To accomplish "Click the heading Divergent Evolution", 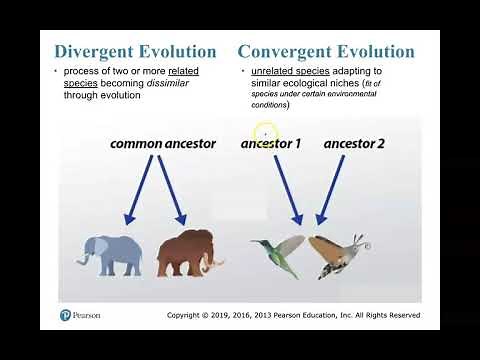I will tap(134, 51).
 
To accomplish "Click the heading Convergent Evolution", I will tap(326, 51).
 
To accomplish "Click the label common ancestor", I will tap(162, 144).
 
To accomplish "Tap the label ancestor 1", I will tap(270, 144).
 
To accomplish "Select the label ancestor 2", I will tap(354, 144).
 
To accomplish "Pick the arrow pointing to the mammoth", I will tap(169, 190).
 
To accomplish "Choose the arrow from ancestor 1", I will tap(287, 190).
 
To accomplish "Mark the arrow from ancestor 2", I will tap(330, 190).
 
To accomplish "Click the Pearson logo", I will tap(66, 315).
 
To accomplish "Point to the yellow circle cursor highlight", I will tap(265, 133).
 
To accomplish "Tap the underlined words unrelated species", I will tap(279, 73).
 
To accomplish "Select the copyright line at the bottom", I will tap(293, 315).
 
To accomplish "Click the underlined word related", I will tap(184, 73).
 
